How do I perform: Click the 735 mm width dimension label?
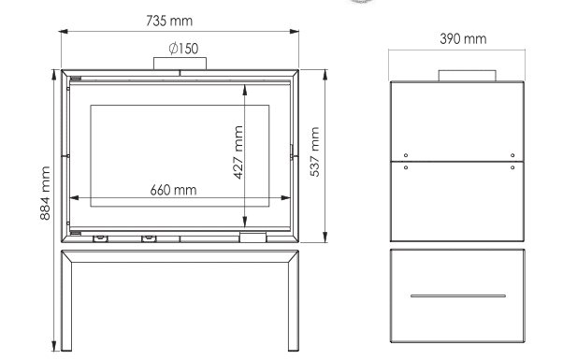169,21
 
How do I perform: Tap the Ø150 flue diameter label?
183,49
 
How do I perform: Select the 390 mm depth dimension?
463,39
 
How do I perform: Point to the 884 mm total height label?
45,194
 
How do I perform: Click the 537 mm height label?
315,151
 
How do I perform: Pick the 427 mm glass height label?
238,152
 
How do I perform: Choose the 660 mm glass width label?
173,190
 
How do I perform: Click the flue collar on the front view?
180,64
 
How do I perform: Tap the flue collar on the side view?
467,76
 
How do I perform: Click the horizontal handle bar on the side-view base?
458,295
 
